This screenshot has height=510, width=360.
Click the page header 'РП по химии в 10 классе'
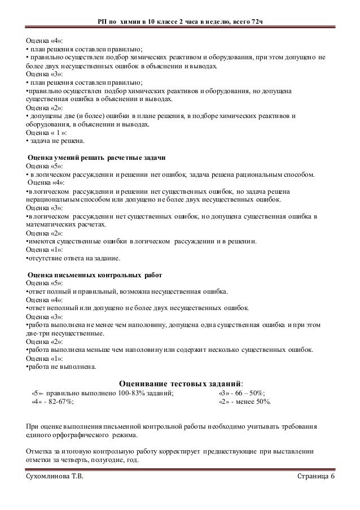[x=179, y=21]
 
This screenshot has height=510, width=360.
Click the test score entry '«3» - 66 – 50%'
[x=242, y=394]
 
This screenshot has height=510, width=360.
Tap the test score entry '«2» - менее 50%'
[x=244, y=402]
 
